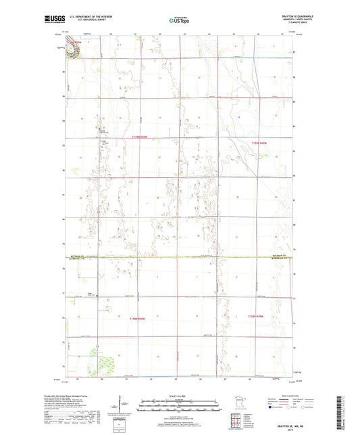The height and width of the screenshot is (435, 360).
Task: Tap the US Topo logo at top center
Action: pos(179,21)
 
